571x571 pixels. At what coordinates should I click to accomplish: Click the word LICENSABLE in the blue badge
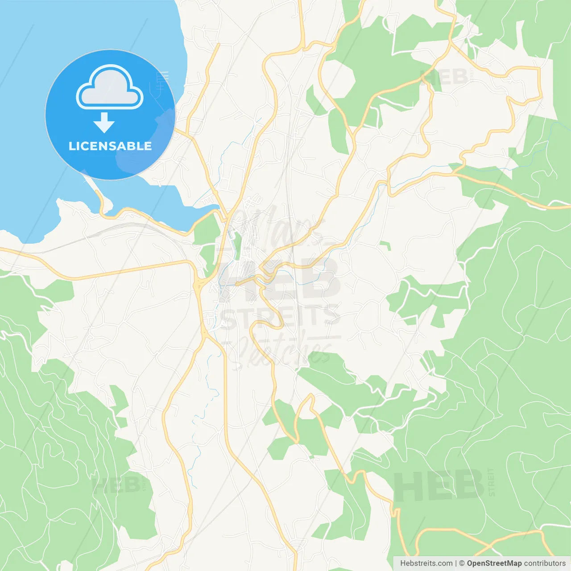(x=110, y=146)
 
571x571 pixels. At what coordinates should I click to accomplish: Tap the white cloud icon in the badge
(x=110, y=88)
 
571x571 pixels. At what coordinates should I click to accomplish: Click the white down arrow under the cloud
(x=104, y=122)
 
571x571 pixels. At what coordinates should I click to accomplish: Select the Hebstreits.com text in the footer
(x=426, y=563)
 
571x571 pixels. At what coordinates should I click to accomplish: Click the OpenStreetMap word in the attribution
(x=494, y=563)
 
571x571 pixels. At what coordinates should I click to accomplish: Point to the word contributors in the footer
(x=545, y=563)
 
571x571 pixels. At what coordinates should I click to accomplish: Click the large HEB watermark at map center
(x=277, y=279)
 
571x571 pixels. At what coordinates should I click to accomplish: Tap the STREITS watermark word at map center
(x=280, y=317)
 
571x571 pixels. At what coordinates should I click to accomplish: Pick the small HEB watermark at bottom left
(x=116, y=485)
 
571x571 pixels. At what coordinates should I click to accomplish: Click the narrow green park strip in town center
(x=238, y=245)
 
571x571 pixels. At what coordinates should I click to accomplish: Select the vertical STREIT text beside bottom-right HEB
(x=491, y=482)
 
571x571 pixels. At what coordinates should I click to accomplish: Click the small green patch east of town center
(x=385, y=245)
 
